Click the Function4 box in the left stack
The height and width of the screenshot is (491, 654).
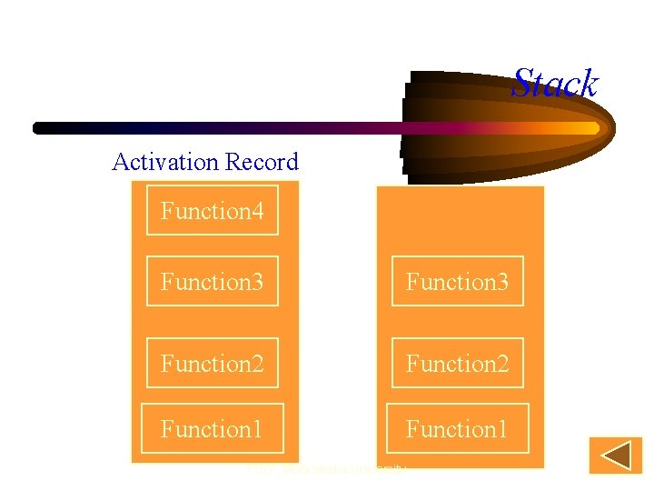pos(213,211)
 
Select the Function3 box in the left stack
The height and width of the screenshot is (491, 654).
pos(213,282)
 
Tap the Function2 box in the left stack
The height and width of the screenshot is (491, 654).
pos(213,364)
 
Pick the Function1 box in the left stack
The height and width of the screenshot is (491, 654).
pos(213,428)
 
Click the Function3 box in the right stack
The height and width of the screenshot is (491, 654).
pos(458,282)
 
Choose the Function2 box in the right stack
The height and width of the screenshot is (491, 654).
pos(458,364)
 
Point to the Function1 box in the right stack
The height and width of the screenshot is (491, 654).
pos(458,428)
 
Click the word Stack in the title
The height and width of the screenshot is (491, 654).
pos(555,84)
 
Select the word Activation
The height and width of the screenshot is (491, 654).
pos(166,162)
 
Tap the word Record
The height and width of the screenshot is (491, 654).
pos(262,162)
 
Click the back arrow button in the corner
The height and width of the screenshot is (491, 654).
pos(615,456)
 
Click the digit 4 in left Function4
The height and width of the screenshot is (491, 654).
pos(257,212)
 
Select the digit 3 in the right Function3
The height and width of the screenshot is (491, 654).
pos(502,283)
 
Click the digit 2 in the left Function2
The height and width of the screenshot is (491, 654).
pos(257,365)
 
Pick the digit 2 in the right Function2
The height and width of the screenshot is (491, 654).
pos(502,365)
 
